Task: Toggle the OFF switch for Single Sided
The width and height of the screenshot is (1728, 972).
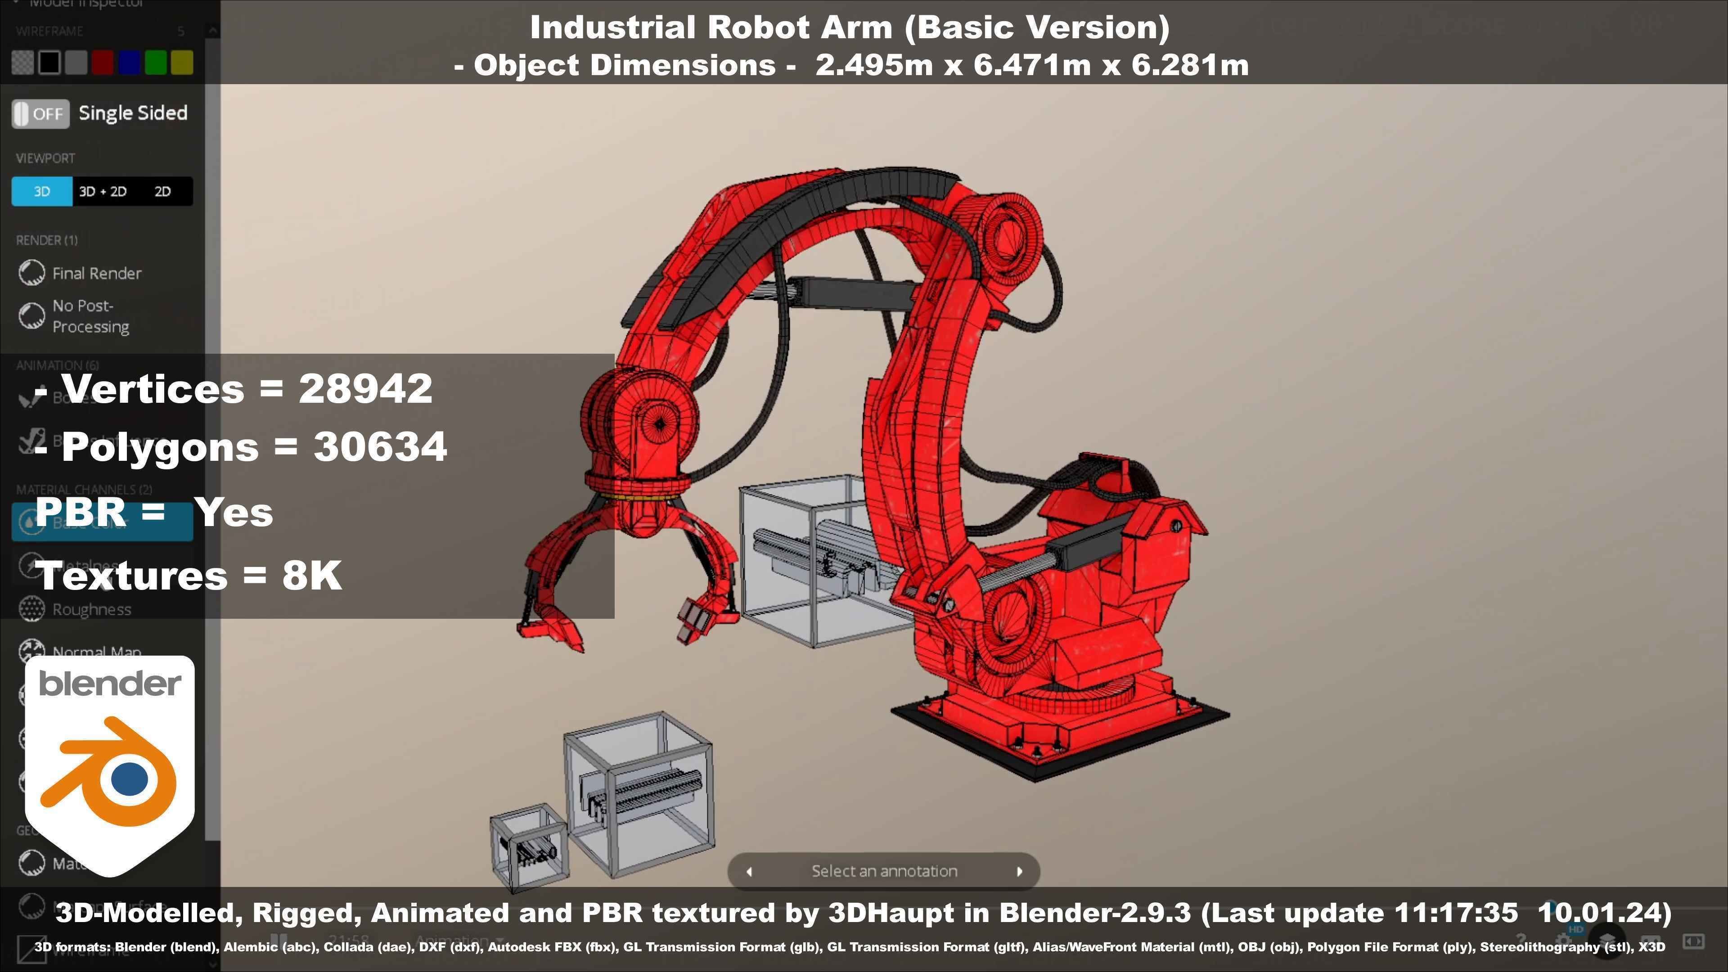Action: click(40, 113)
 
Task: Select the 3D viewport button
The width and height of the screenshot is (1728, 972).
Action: click(41, 191)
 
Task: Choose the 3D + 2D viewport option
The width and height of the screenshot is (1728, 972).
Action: click(103, 191)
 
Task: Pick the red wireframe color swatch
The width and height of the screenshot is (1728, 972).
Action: click(102, 63)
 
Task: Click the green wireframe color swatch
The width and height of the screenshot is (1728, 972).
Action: click(156, 63)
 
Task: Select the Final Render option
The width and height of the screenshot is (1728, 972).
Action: click(97, 273)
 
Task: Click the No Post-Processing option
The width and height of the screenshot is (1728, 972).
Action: click(90, 316)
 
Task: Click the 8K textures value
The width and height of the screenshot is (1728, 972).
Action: click(312, 576)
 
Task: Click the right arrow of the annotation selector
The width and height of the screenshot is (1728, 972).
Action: click(1019, 871)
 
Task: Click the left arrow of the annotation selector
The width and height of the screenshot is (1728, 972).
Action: click(749, 871)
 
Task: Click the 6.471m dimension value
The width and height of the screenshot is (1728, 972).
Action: click(1031, 65)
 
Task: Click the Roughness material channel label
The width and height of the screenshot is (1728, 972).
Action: click(92, 609)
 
